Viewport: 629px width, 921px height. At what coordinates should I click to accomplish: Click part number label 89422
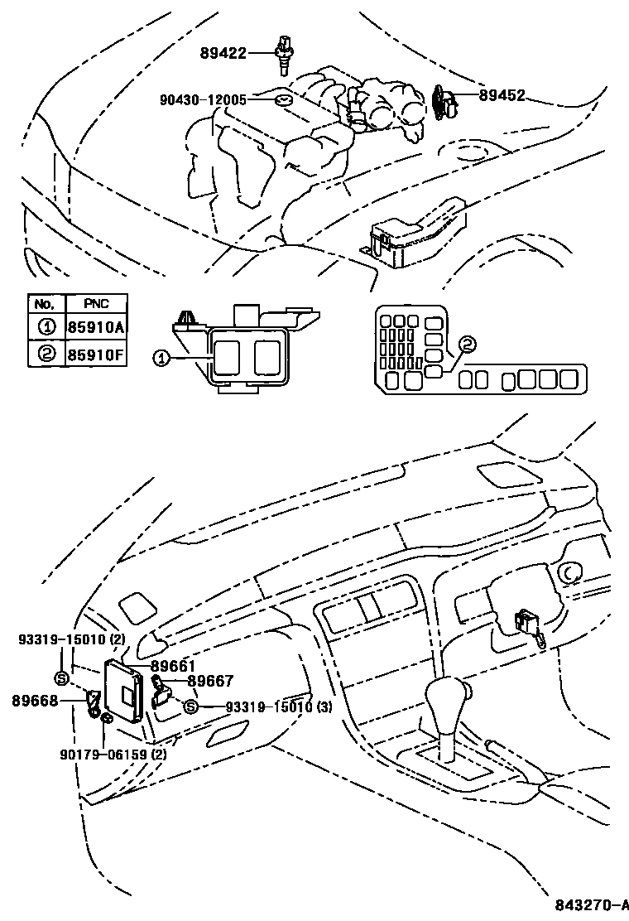click(223, 54)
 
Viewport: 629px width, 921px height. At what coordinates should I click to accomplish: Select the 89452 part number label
click(502, 96)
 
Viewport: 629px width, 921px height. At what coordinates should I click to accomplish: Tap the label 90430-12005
click(203, 99)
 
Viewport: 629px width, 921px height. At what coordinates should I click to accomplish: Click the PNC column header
click(96, 303)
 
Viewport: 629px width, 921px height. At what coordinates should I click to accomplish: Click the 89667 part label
click(210, 681)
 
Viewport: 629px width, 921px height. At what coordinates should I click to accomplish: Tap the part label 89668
click(35, 700)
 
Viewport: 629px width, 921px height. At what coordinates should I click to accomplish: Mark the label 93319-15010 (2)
click(71, 639)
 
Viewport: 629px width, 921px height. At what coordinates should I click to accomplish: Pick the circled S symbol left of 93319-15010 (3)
click(190, 706)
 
